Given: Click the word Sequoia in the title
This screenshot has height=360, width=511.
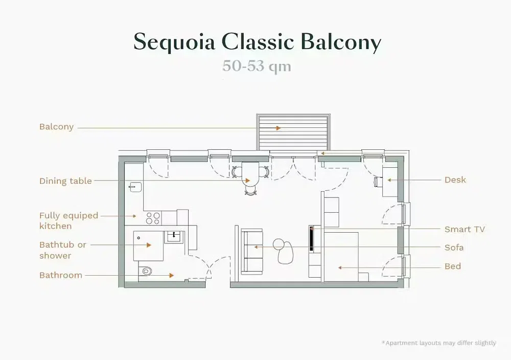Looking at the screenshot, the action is [174, 42].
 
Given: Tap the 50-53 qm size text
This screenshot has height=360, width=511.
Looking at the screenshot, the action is [257, 66].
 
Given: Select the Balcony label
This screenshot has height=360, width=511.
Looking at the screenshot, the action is [56, 127].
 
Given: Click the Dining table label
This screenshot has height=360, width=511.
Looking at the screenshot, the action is [65, 181].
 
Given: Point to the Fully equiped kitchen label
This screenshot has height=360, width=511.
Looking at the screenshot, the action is [68, 221].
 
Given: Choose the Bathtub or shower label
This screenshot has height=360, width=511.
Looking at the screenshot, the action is [62, 250].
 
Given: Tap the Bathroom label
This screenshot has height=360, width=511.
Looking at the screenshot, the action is [61, 275].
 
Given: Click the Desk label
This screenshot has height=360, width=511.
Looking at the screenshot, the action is [455, 180].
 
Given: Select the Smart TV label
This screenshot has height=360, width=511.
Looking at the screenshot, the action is [464, 229].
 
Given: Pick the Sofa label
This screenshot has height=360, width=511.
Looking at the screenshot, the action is [454, 247].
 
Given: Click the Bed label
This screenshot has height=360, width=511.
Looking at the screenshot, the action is [453, 266].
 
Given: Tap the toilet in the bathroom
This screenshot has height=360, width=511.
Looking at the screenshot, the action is [146, 271].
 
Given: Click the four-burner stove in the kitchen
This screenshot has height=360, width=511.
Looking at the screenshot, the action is [153, 218].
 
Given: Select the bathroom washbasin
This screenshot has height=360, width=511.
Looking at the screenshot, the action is [174, 236].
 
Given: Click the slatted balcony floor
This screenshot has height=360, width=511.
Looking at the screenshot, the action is [293, 132].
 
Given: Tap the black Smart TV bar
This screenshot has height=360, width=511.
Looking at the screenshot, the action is [312, 238].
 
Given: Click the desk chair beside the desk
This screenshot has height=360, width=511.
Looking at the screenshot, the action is [378, 182].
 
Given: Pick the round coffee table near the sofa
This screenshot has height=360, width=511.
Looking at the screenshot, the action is [279, 244].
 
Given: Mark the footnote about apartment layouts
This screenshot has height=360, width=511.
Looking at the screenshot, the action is [439, 343].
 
